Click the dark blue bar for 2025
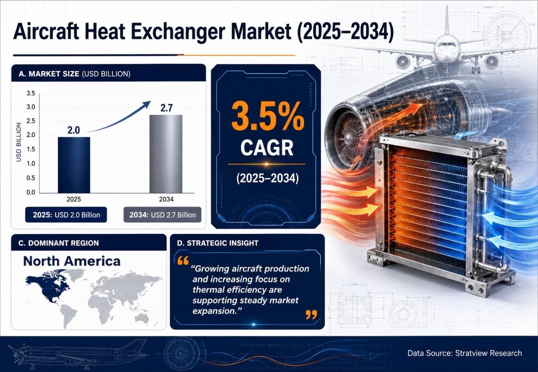pos(74,165)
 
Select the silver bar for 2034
pos(166,154)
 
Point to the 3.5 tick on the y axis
pos(31,93)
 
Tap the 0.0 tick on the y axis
pos(31,192)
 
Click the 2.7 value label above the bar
pos(166,108)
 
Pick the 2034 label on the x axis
pos(166,199)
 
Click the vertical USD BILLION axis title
pos(19,142)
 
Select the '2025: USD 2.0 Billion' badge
pos(66,215)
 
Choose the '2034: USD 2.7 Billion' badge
pos(162,215)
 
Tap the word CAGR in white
pos(267,148)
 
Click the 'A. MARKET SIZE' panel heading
pos(49,74)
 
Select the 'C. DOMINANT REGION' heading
pos(58,243)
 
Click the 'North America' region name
pos(72,261)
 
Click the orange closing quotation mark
pos(312,315)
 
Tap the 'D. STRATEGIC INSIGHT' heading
pos(218,243)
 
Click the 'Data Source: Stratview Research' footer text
pos(465,353)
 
